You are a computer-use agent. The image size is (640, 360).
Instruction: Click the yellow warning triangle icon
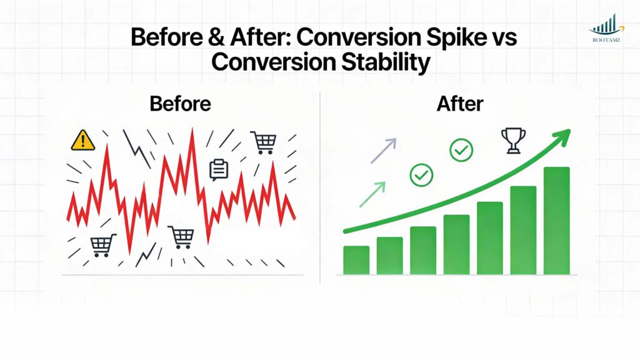(82, 141)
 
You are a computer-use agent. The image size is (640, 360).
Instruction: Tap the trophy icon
(513, 141)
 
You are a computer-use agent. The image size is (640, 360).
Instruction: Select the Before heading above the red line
(180, 104)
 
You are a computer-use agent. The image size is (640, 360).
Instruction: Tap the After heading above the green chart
(461, 104)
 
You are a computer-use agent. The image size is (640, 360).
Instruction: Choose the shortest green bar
(356, 260)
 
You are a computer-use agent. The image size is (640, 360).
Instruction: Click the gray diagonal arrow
(383, 151)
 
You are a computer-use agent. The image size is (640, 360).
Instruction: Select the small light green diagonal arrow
(372, 194)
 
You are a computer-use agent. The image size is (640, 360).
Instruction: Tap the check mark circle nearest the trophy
(461, 149)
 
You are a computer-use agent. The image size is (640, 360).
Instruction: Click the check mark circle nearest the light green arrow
(421, 175)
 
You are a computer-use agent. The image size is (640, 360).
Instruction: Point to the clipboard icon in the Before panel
(218, 169)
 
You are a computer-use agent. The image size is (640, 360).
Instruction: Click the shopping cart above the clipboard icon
(262, 142)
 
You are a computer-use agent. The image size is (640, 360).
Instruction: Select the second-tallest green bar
(523, 230)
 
